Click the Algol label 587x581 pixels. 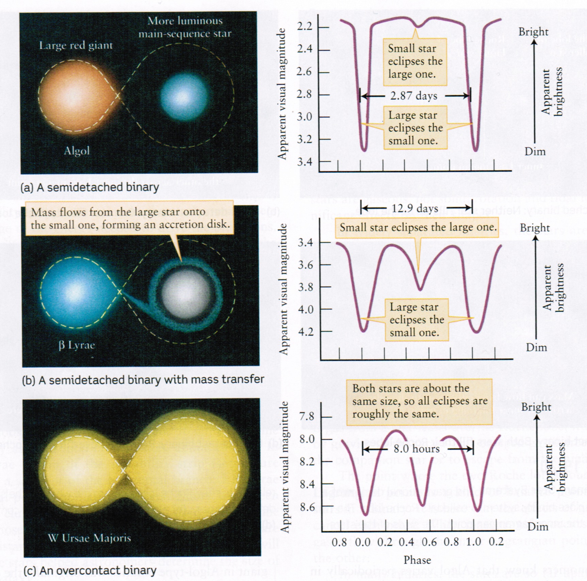click(77, 150)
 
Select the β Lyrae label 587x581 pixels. click(77, 345)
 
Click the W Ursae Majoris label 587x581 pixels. click(89, 538)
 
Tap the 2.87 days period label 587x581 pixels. click(414, 96)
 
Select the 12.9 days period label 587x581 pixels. click(415, 208)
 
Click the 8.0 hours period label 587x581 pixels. click(417, 449)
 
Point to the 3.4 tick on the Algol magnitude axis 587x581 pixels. click(305, 161)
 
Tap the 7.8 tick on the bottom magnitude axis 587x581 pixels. click(307, 416)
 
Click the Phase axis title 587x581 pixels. click(417, 560)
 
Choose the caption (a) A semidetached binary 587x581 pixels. click(90, 187)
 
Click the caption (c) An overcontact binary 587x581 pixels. click(89, 570)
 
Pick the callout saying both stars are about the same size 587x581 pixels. click(419, 401)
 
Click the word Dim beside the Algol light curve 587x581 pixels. click(535, 151)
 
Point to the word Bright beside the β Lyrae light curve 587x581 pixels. click(535, 228)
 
